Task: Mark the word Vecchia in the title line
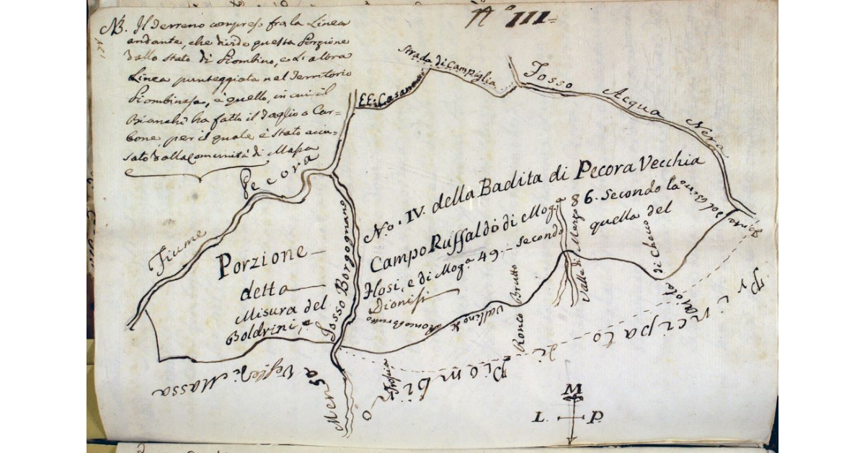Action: pos(678,159)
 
